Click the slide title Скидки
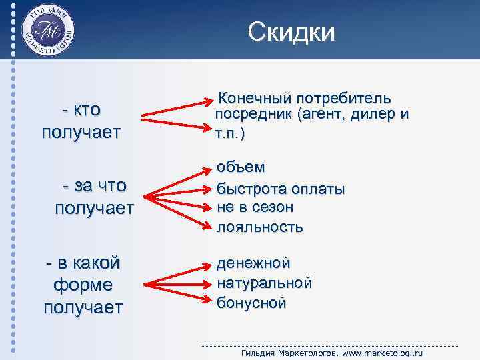[x=291, y=31]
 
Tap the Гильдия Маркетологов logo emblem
[x=49, y=31]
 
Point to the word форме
[x=83, y=285]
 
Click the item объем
[x=241, y=166]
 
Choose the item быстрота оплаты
[x=281, y=189]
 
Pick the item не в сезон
[x=255, y=207]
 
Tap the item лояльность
[x=260, y=227]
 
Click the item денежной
[x=254, y=263]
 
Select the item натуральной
[x=265, y=283]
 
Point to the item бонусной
[x=251, y=303]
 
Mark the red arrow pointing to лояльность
[x=180, y=212]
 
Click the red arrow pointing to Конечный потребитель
[x=177, y=109]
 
